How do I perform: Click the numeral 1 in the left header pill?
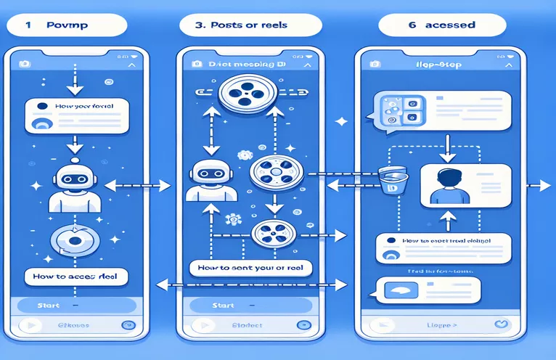[x=29, y=24]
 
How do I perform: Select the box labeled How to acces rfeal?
[x=76, y=276]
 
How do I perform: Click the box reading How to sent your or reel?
[x=249, y=268]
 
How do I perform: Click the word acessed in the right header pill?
[x=450, y=24]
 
